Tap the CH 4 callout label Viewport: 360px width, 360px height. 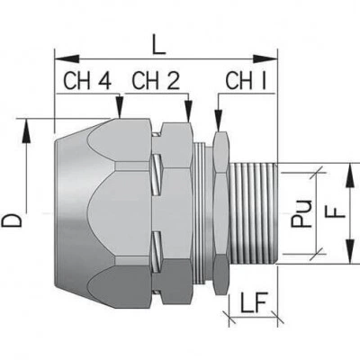87,81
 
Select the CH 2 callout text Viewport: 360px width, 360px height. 156,81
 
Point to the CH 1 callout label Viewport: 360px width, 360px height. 246,81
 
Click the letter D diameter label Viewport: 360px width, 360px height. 12,220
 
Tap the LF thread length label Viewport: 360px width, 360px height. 254,305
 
